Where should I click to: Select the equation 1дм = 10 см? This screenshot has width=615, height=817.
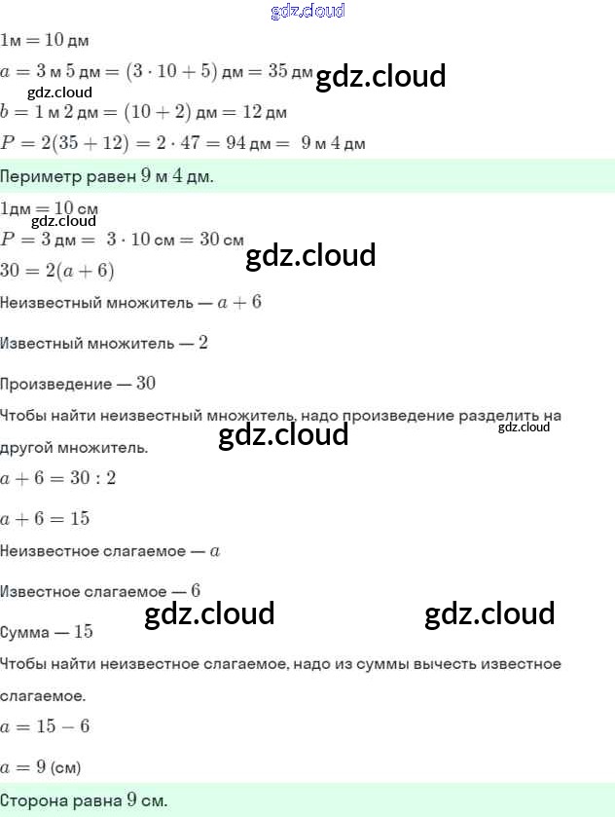pos(49,208)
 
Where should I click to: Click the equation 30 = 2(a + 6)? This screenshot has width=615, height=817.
pos(57,271)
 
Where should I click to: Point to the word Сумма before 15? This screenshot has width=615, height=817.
pos(25,632)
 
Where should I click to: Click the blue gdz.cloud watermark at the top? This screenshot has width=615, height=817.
pos(307,12)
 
